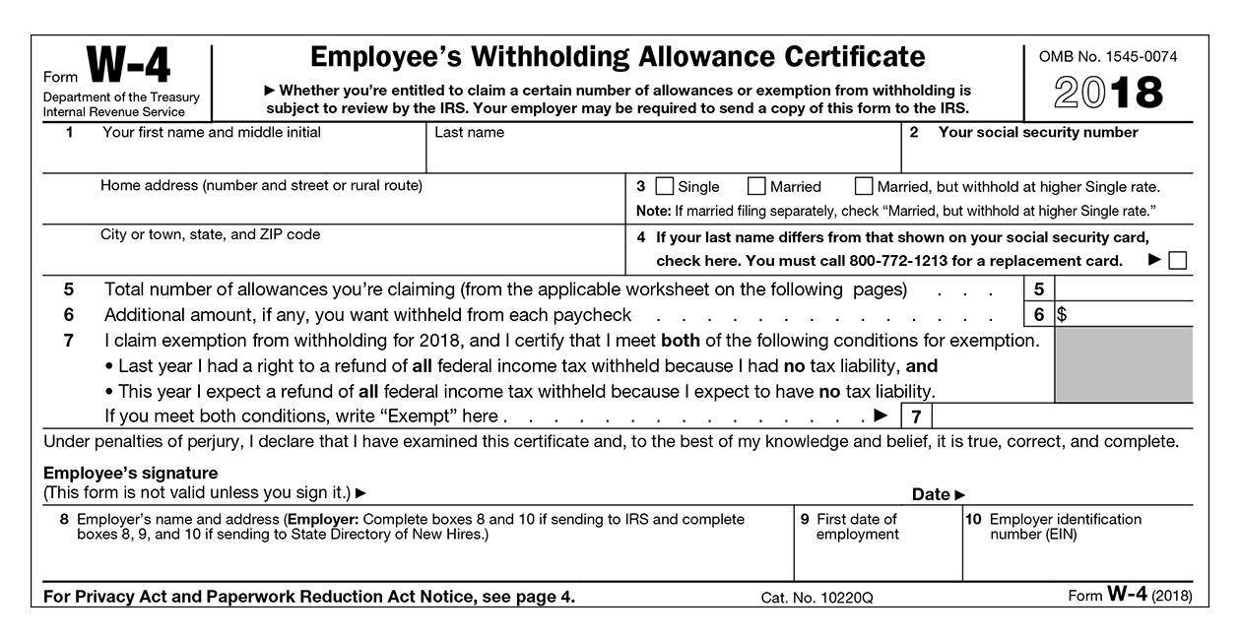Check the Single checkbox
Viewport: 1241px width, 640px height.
coord(665,186)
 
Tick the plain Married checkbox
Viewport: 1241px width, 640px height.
coord(756,186)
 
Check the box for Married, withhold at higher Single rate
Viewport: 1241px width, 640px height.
coord(864,186)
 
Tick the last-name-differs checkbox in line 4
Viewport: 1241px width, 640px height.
coord(1177,261)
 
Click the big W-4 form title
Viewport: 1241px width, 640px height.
coord(128,67)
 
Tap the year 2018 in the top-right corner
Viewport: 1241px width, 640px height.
coord(1108,94)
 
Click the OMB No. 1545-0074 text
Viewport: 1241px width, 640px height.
coord(1108,57)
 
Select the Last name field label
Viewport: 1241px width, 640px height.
coord(470,133)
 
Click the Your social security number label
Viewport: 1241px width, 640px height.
coord(1038,133)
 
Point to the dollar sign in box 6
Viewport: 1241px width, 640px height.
coord(1061,315)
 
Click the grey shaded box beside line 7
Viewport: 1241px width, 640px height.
coord(1123,363)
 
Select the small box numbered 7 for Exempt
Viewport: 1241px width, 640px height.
coord(915,416)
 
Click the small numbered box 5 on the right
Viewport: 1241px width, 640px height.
coord(1038,289)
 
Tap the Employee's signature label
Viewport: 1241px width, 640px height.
coord(131,474)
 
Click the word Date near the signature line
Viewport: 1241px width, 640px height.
coord(931,494)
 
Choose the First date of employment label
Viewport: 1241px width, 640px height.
coord(857,527)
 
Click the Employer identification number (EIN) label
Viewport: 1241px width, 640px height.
coord(1065,527)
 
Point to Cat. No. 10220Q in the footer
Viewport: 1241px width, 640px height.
coord(817,598)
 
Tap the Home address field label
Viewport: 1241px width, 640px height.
coord(261,185)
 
